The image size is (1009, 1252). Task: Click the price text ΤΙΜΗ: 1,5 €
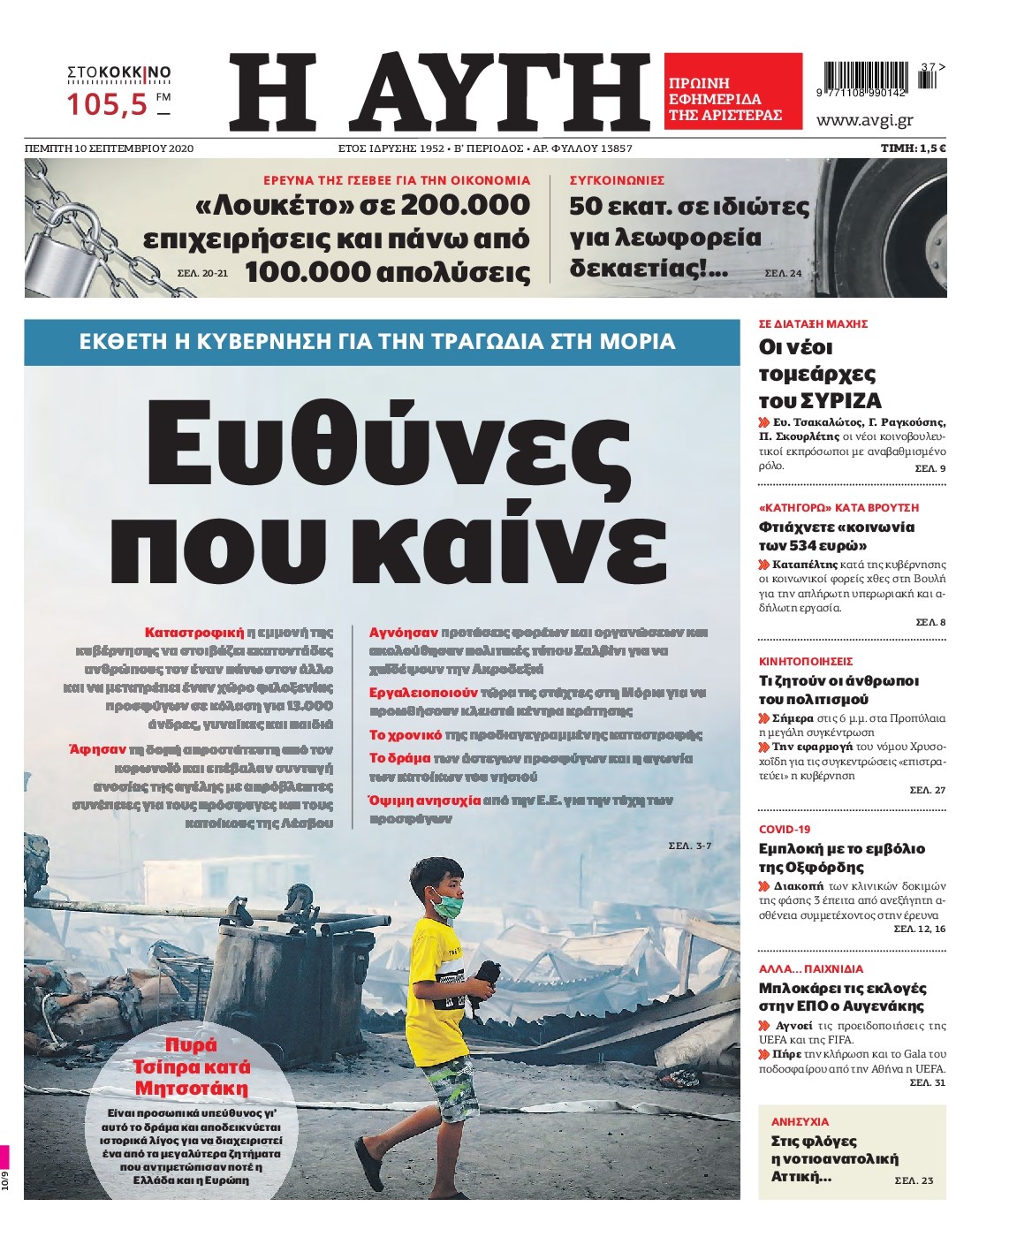coord(913,148)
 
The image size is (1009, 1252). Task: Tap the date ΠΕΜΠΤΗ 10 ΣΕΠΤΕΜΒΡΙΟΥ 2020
coord(109,148)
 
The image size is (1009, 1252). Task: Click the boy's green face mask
coord(447,904)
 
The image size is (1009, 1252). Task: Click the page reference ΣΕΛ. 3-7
coord(689,846)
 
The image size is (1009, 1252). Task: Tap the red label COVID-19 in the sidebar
coord(785,829)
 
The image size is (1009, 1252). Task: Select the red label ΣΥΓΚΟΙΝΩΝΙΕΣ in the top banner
coord(617,180)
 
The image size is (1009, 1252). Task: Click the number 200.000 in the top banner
coord(465,206)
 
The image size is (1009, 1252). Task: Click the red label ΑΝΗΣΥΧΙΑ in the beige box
coord(800,1121)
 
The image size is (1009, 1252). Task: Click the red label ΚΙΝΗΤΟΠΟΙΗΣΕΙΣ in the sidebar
coord(806,661)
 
